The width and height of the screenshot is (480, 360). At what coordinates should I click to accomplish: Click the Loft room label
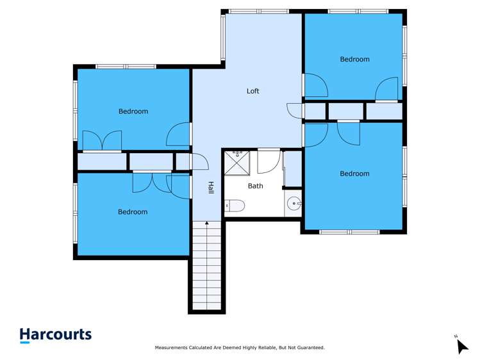253,91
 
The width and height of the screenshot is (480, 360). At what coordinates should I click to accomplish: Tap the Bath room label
255,186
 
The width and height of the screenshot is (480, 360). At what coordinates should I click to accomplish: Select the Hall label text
210,188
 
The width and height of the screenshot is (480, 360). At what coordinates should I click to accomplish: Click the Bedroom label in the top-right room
354,59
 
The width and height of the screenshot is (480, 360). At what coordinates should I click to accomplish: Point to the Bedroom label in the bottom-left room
133,212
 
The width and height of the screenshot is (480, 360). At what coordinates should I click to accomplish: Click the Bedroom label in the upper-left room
133,111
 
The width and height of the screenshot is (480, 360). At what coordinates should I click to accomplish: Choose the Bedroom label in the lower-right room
354,174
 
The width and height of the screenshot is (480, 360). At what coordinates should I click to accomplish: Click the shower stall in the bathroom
238,163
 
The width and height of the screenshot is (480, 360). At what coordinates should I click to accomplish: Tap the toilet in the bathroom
235,206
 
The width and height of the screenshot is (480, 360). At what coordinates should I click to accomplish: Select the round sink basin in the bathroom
294,204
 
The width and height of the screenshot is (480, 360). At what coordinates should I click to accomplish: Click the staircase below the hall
206,269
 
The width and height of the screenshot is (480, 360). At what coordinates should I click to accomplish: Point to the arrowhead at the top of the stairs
206,224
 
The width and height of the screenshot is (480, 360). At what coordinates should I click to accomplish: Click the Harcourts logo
55,334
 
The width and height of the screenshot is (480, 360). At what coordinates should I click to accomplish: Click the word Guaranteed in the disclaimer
310,348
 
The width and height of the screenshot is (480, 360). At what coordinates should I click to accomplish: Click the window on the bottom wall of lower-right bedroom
350,232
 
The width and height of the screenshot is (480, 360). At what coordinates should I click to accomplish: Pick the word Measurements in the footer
172,348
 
